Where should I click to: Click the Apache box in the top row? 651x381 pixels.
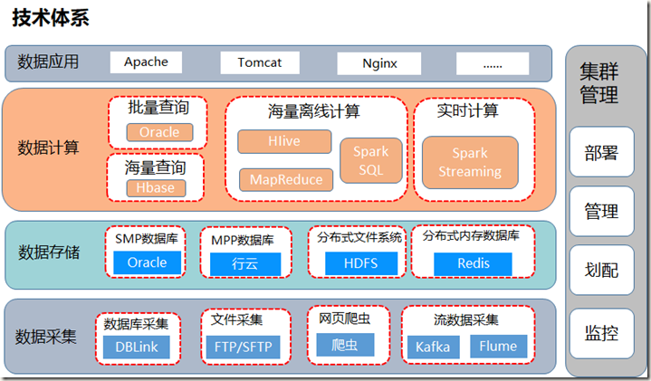pos(146,62)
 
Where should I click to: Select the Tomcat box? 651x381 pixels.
pos(259,62)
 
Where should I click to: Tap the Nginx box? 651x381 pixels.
pos(378,63)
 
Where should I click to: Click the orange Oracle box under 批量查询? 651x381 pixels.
pos(159,132)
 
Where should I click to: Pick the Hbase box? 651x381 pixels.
pos(156,188)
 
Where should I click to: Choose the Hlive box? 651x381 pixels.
pos(284,142)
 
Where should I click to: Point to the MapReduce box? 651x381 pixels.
pos(285,179)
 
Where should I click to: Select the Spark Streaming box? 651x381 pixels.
pos(469,163)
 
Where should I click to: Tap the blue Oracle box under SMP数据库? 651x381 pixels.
pos(147,262)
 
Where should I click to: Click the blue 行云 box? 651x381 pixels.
pos(245,263)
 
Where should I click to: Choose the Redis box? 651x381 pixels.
pos(472,262)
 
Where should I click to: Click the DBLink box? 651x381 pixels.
pos(136,347)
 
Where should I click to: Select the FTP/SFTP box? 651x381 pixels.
pos(244,348)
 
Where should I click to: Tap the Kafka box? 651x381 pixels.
pos(433,347)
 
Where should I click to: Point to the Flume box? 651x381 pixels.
pos(498,347)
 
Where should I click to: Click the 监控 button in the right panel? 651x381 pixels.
pos(601,333)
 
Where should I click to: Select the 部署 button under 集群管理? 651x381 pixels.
pos(601,152)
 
